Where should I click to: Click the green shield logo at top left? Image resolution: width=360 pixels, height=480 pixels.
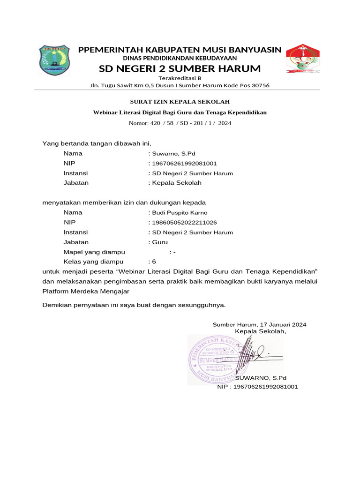[x=55, y=60]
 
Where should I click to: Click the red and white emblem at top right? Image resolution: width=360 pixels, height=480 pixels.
[x=302, y=59]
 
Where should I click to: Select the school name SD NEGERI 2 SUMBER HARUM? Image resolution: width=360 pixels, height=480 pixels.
[x=180, y=69]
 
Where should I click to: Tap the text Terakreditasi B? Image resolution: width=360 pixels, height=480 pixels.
[x=180, y=78]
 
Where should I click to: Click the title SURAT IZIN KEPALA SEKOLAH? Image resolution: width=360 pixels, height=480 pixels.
[x=180, y=102]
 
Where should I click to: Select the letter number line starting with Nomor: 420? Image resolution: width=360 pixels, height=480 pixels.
[x=180, y=123]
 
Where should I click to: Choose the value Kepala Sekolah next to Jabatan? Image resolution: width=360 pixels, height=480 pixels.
[x=176, y=183]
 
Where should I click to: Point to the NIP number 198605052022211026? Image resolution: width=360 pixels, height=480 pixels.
[x=184, y=222]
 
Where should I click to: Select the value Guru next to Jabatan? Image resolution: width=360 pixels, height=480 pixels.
[x=159, y=242]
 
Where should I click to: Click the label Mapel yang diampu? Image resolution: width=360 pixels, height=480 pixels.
[x=94, y=252]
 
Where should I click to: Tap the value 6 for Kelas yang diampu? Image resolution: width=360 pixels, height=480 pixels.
[x=154, y=262]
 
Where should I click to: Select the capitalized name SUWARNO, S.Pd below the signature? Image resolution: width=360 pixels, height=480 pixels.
[x=261, y=378]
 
